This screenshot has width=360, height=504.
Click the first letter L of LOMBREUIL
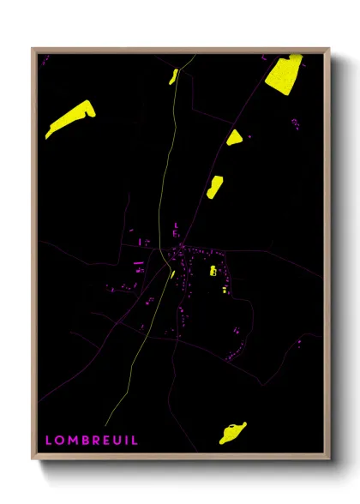pos(49,440)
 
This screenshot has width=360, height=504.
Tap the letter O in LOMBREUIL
pos(60,440)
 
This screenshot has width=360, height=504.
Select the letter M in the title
pos(73,440)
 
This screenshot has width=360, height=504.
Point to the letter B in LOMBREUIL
pos(85,440)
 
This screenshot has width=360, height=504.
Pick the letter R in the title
pos(95,440)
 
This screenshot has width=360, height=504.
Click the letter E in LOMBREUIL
pos(105,440)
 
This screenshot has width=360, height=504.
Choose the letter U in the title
pos(116,440)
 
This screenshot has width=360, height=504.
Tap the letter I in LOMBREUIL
pos(124,440)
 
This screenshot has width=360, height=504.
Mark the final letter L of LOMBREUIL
pos(132,440)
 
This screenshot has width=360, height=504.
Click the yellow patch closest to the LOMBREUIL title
pos(231,433)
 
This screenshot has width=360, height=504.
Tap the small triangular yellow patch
pos(234,137)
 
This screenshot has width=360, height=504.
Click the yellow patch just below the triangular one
pos(214,186)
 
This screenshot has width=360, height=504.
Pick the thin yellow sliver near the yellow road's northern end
pos(174,76)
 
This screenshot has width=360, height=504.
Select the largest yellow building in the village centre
pos(213,271)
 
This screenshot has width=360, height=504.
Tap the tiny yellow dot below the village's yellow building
pos(225,291)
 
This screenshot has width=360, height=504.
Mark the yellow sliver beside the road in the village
pos(172,274)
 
